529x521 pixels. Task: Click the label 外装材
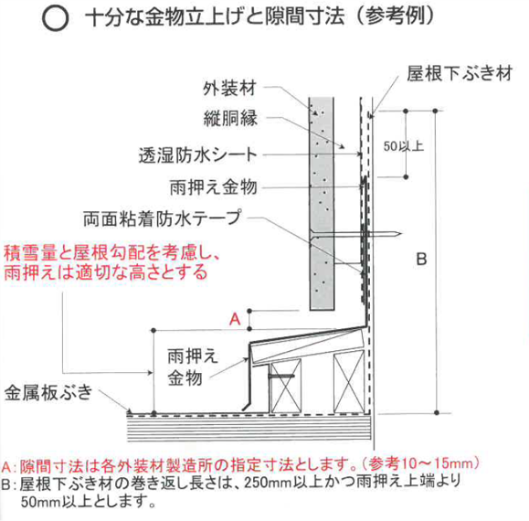[229, 89]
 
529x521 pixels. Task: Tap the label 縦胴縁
[230, 118]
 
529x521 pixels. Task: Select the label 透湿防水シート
[198, 155]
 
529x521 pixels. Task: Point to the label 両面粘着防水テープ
[163, 218]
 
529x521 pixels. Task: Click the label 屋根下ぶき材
[460, 73]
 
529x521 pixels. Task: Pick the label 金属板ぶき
[48, 392]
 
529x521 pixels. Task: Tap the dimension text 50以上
[404, 146]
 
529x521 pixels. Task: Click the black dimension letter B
[422, 260]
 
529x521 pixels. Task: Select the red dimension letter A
[235, 319]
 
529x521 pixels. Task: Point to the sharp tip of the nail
[401, 233]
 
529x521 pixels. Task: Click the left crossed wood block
[285, 386]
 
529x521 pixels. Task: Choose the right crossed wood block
[349, 382]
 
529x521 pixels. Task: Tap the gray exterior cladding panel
[322, 204]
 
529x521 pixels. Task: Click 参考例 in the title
[395, 16]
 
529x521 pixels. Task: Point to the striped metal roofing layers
[249, 429]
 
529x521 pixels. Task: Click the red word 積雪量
[29, 253]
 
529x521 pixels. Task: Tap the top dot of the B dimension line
[435, 111]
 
